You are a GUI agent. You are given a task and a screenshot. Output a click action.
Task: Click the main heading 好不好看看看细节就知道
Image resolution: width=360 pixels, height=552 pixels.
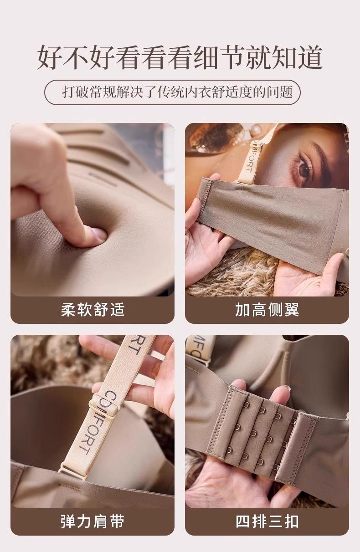(x=180, y=57)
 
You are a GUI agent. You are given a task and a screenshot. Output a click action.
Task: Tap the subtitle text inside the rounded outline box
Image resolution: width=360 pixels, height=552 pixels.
(x=178, y=92)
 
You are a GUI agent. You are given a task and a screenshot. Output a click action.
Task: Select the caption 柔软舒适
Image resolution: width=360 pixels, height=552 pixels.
(x=93, y=310)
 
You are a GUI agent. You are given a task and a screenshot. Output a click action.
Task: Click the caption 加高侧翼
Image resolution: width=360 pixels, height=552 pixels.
(x=267, y=310)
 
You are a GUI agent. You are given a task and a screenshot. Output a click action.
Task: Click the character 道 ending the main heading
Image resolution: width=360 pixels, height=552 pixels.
(x=310, y=57)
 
